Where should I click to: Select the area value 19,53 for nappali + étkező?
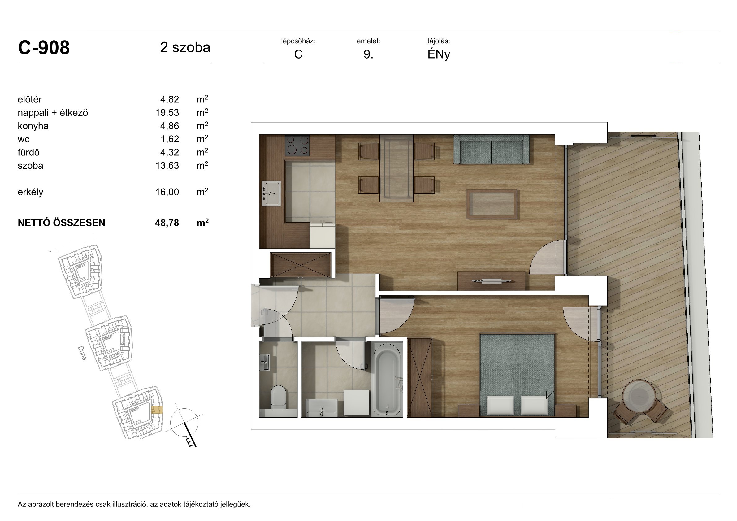click(167, 113)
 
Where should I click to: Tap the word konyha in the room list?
click(33, 126)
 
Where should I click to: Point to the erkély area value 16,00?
click(167, 192)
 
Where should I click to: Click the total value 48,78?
click(167, 223)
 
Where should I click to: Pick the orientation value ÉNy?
click(439, 54)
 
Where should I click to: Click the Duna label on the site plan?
click(82, 353)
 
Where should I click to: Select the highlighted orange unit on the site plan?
click(157, 410)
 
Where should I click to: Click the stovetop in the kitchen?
click(297, 145)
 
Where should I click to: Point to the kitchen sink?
click(271, 193)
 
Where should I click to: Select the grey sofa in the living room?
click(491, 149)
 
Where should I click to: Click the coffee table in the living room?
click(492, 204)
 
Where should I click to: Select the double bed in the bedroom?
click(517, 375)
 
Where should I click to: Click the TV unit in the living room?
click(491, 281)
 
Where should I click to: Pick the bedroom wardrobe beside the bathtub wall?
click(419, 377)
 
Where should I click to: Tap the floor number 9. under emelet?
click(368, 54)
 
